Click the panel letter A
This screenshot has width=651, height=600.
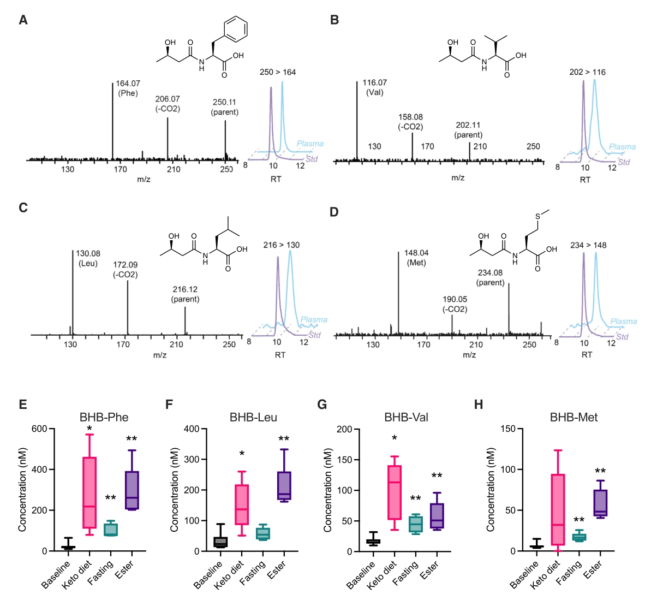tap(23, 20)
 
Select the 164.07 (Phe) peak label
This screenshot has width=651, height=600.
tap(128, 88)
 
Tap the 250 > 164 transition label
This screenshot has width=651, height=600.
tap(278, 72)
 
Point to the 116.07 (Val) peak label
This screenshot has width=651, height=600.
tap(374, 87)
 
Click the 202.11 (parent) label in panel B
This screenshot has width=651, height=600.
tap(468, 130)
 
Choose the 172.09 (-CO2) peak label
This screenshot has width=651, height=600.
tap(125, 270)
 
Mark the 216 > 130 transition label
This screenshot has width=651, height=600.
tap(281, 245)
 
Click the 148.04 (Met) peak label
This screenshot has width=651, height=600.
tap(416, 258)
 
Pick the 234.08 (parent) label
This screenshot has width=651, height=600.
tap(490, 277)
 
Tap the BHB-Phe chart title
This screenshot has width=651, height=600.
tap(104, 418)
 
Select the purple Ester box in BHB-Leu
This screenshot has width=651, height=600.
tap(284, 485)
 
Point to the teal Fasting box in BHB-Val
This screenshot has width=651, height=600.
tap(416, 524)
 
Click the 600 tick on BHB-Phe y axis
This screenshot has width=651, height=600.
tap(39, 429)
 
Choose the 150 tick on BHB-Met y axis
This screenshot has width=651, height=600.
tap(508, 429)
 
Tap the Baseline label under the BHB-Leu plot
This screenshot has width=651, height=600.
tap(208, 574)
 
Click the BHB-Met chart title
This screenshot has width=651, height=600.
tap(574, 418)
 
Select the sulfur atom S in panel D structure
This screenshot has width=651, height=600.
tap(537, 217)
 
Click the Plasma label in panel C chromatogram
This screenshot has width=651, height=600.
tap(314, 319)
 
